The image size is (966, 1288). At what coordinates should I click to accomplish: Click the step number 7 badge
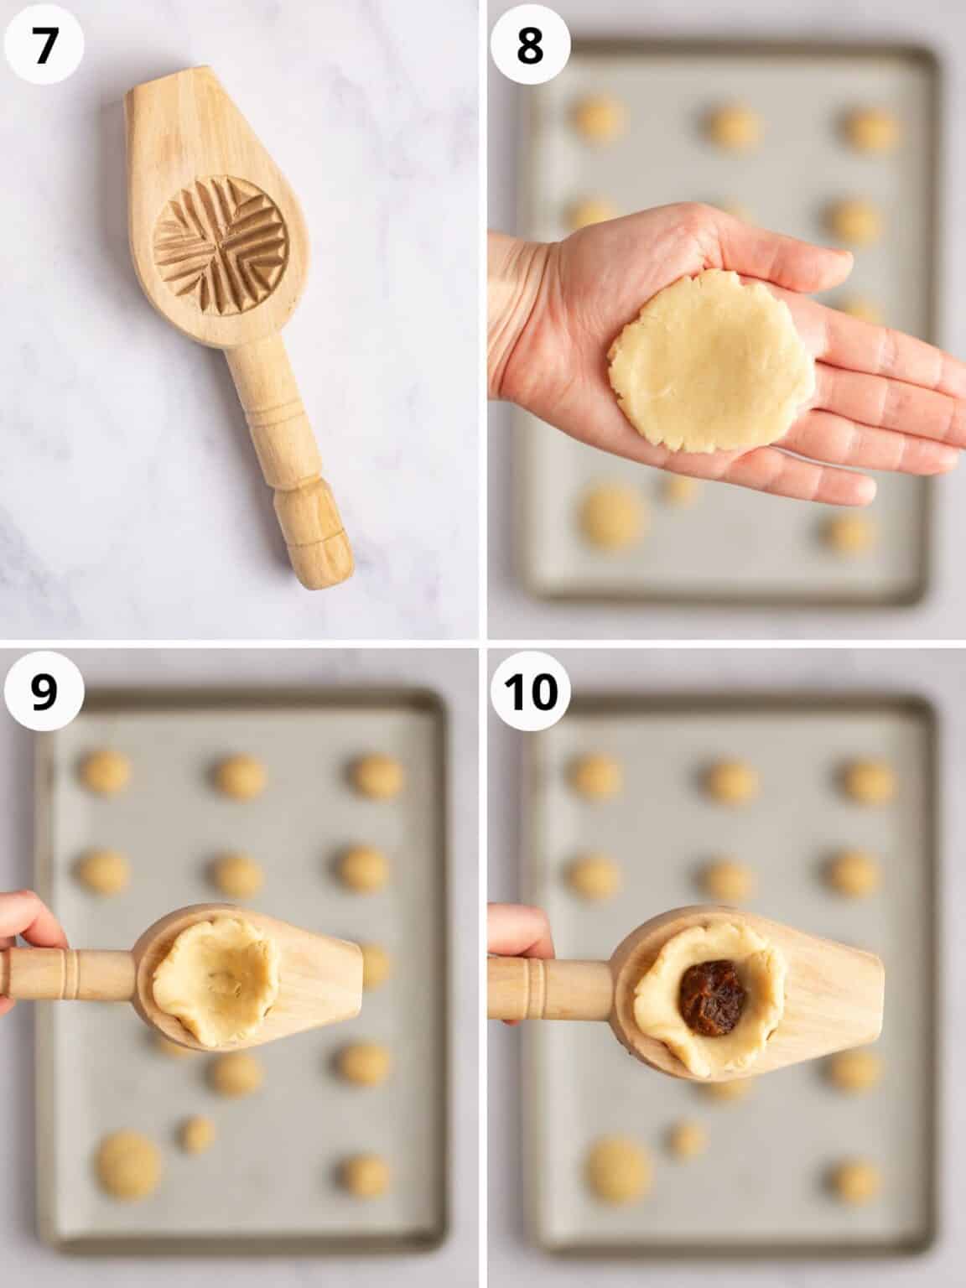[x=43, y=44]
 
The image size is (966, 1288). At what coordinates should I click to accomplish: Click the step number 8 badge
[x=530, y=44]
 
